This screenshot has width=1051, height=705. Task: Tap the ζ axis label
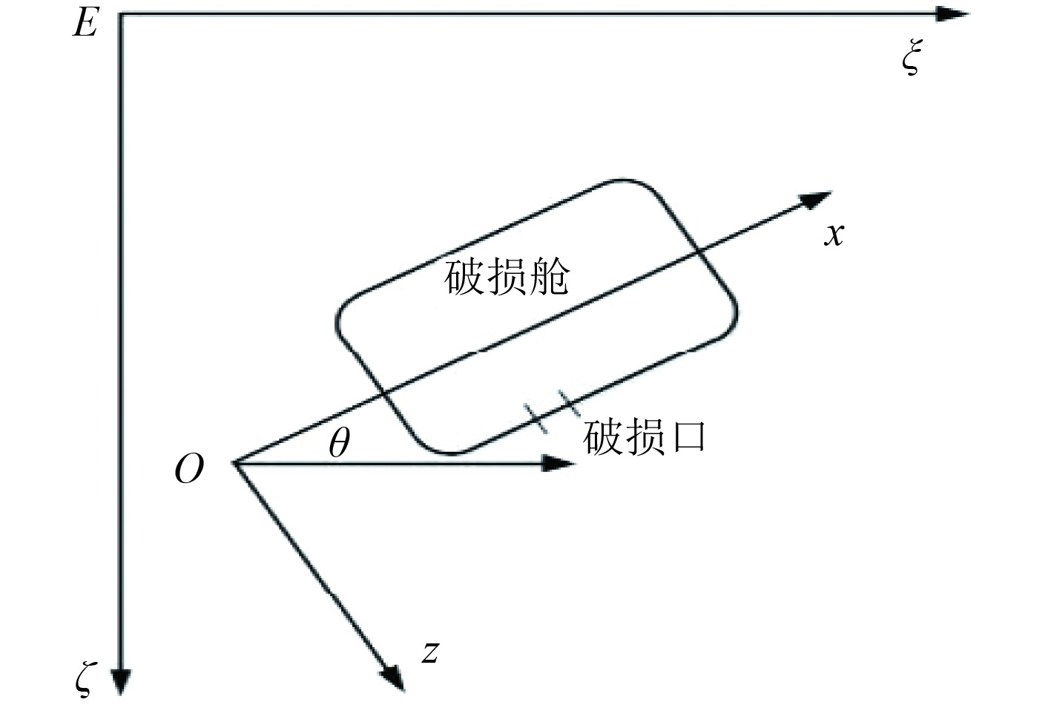point(85,678)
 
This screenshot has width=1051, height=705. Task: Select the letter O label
point(188,470)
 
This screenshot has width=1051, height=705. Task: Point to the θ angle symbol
point(338,444)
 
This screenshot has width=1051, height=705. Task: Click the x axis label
point(834,235)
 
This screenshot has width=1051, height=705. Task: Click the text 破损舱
point(507,278)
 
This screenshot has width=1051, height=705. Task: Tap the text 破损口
point(644,437)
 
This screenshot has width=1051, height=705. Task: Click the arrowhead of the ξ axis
point(953,14)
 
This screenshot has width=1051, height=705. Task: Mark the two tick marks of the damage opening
point(550,413)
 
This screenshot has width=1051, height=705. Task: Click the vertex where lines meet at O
point(235,464)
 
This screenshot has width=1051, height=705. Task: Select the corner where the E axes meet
point(120,14)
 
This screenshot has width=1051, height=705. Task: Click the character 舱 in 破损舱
point(549,278)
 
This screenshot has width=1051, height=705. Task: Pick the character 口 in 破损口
point(687,437)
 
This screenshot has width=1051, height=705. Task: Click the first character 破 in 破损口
point(602,437)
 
